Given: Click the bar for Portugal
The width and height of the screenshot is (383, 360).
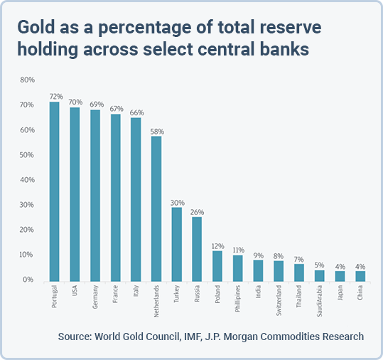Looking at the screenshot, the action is (x=54, y=191).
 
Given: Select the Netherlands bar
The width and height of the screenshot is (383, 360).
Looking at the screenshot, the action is (x=156, y=209).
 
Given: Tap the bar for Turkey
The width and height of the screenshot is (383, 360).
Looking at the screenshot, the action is (x=177, y=244).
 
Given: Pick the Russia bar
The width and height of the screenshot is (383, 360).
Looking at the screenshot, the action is (x=197, y=249).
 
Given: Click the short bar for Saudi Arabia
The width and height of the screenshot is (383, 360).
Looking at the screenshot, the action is (x=319, y=276).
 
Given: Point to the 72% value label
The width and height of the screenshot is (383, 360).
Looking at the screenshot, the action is (x=56, y=97).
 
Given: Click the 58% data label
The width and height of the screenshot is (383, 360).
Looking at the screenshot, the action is (x=157, y=132).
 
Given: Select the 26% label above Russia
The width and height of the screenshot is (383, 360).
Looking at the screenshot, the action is (x=197, y=212).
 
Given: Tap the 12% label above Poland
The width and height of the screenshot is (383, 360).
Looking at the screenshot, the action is (x=218, y=246).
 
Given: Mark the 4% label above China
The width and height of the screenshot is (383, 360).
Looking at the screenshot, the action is (x=360, y=266).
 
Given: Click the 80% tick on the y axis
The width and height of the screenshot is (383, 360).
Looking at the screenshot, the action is (x=27, y=80).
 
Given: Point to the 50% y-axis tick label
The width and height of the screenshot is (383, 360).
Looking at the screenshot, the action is (x=27, y=155).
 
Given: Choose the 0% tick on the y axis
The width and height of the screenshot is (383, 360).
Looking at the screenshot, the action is (x=28, y=280).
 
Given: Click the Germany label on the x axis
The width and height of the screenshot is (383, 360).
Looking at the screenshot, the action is (x=95, y=297).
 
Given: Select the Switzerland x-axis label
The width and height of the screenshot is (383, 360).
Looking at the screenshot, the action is (x=279, y=300).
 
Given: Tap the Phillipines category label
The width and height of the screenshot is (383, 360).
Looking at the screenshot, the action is (x=237, y=298).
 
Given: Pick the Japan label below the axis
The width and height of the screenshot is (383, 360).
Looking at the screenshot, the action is (x=340, y=292).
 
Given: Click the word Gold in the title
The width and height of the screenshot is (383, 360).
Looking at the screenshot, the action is (x=36, y=26).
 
